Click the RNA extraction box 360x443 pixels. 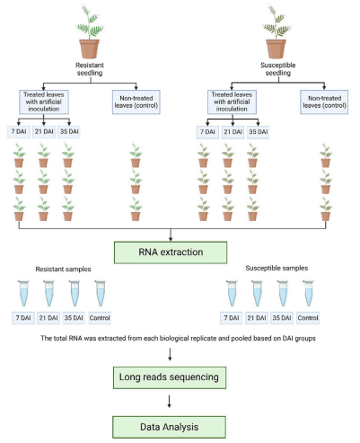click(x=179, y=251)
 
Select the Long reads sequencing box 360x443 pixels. click(x=179, y=378)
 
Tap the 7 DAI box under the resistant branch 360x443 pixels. click(x=19, y=132)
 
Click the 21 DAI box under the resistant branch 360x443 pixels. click(x=44, y=132)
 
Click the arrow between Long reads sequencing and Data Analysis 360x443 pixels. click(x=179, y=401)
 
